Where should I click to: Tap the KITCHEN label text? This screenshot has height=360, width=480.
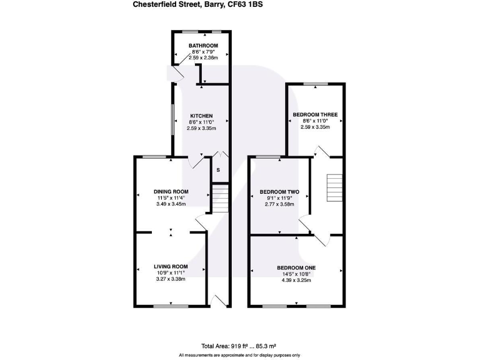pos(201,116)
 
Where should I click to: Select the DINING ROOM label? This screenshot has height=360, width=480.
pos(171,192)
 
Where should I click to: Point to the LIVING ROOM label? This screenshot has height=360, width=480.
pos(171,267)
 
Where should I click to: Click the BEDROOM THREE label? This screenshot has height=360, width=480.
pos(315,115)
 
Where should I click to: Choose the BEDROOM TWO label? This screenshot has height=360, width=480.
pos(279,192)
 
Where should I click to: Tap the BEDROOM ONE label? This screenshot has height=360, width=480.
pos(296,268)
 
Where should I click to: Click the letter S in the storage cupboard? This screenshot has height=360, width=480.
pos(218,170)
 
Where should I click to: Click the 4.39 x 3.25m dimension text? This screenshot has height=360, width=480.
pos(296,280)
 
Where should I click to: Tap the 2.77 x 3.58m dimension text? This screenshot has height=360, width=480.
pos(279,204)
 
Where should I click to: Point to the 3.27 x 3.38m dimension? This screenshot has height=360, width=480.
pos(171,279)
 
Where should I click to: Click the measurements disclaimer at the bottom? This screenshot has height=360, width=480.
pos(240,355)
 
